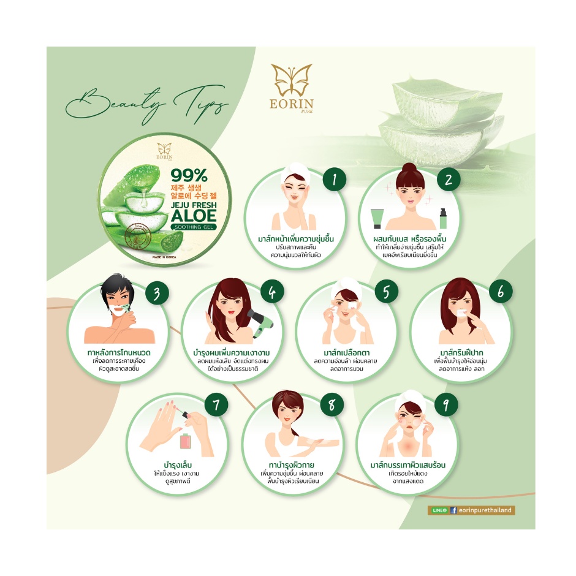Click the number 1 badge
pyautogui.click(x=335, y=180)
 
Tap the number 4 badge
pyautogui.click(x=272, y=293)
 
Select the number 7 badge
pyautogui.click(x=216, y=405)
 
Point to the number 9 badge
pyautogui.click(x=446, y=405)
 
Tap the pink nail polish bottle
pyautogui.click(x=186, y=441)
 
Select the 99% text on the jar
pyautogui.click(x=189, y=176)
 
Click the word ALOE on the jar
pyautogui.click(x=194, y=216)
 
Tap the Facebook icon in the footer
pyautogui.click(x=453, y=510)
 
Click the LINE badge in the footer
pyautogui.click(x=439, y=510)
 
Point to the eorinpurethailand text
pyautogui.click(x=485, y=510)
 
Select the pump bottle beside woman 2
pyautogui.click(x=443, y=219)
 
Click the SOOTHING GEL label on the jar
pyautogui.click(x=194, y=227)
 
